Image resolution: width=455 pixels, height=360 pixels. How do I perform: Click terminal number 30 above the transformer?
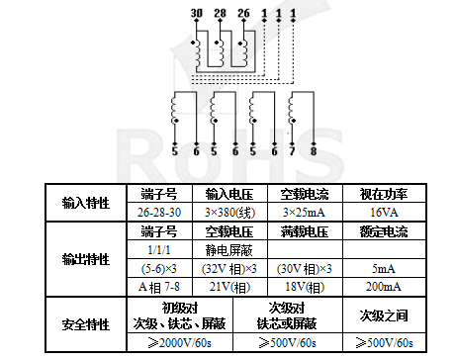(x=196, y=11)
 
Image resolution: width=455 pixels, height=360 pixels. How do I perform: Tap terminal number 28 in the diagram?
(x=220, y=11)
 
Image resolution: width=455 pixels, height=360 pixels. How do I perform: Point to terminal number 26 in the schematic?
(x=243, y=11)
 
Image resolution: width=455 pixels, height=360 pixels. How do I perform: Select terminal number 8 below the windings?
(x=314, y=151)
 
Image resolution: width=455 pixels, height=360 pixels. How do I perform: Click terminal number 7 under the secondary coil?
(x=293, y=151)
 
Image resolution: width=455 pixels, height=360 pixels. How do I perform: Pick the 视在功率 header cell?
(x=379, y=193)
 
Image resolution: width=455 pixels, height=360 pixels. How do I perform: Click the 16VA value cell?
(x=379, y=212)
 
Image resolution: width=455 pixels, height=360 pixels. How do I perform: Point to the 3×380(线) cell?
(x=228, y=212)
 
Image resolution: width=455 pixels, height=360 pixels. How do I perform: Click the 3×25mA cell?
(x=303, y=212)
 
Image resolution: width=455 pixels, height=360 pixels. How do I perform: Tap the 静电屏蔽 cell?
(x=228, y=250)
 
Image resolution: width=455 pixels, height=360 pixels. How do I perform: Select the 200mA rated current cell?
(x=379, y=287)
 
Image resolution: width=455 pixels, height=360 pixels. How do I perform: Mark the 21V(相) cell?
(x=228, y=287)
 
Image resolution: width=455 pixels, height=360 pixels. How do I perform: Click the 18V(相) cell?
(x=303, y=287)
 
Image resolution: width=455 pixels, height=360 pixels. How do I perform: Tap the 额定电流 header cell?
(x=379, y=231)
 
